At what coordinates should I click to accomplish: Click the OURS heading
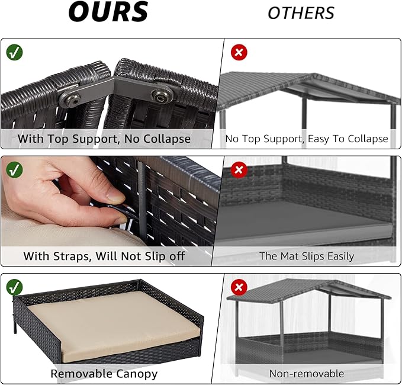(108, 11)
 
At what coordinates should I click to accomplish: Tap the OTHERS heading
(301, 13)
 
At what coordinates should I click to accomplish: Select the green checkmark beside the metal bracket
(14, 52)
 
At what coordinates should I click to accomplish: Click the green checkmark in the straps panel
(14, 169)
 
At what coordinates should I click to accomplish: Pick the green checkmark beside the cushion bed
(14, 287)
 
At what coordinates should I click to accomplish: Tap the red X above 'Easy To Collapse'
(239, 52)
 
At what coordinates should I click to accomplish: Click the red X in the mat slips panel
(239, 169)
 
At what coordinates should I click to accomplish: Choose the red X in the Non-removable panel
(239, 287)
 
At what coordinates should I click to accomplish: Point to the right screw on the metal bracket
(162, 95)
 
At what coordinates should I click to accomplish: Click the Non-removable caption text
(306, 374)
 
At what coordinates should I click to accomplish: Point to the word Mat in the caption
(290, 256)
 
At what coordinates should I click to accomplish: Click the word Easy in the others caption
(319, 139)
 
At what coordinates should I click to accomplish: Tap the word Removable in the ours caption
(82, 374)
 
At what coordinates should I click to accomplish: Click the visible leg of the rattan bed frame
(15, 327)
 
